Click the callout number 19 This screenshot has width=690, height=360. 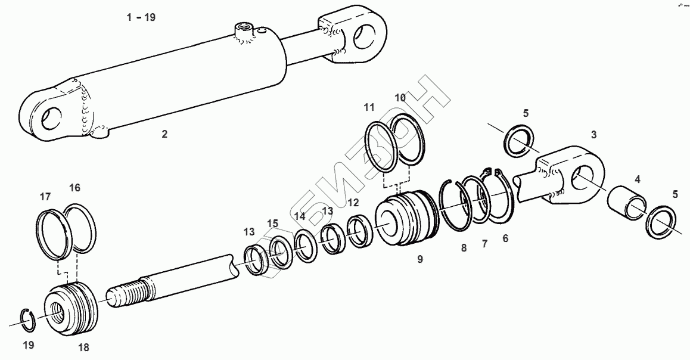(29, 345)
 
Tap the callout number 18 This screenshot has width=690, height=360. (83, 347)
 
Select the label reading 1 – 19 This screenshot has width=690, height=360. (141, 18)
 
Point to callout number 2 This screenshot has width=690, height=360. (164, 134)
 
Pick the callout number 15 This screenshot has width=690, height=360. (273, 223)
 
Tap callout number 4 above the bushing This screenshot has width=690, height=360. (637, 179)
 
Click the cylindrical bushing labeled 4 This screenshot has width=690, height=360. (627, 203)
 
